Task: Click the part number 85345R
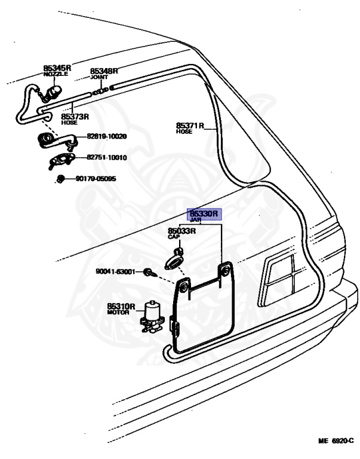(x=57, y=68)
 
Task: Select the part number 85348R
(x=104, y=71)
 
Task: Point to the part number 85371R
(x=190, y=126)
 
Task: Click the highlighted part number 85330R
(x=205, y=213)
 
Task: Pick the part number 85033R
(x=181, y=231)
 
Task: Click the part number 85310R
(x=121, y=306)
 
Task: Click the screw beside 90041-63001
(x=148, y=273)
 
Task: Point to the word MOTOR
(x=118, y=313)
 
